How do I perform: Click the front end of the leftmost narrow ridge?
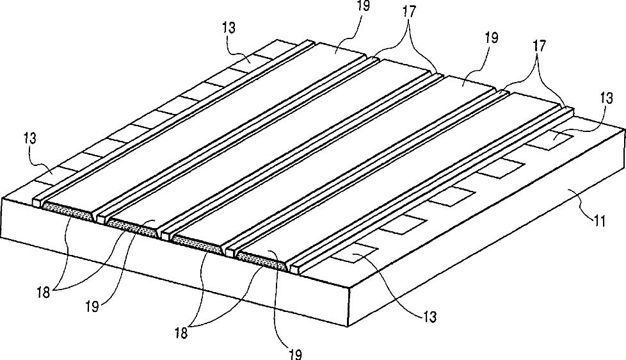point(38,202)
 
